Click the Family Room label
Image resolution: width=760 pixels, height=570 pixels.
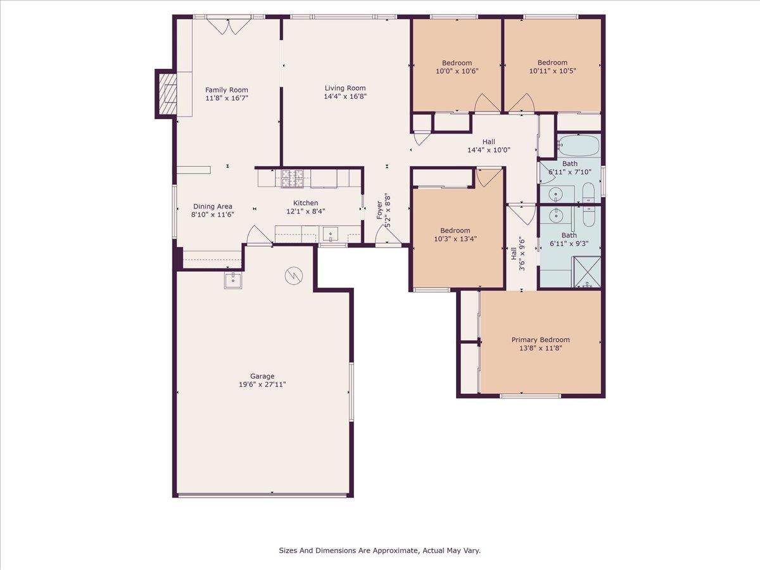(227, 90)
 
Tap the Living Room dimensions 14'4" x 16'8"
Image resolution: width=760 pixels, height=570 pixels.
(345, 96)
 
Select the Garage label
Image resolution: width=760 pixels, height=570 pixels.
(262, 376)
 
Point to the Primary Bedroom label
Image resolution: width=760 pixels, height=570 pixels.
(540, 340)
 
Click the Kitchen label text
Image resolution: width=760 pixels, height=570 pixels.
(305, 203)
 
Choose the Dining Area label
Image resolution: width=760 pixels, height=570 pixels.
(213, 206)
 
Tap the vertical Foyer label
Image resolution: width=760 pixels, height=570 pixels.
(379, 210)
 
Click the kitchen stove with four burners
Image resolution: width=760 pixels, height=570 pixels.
(292, 179)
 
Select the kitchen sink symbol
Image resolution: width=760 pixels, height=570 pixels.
(331, 234)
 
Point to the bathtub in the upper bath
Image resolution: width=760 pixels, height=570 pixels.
(579, 146)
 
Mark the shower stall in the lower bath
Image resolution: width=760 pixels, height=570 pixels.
(588, 272)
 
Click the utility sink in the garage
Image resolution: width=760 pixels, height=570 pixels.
(233, 281)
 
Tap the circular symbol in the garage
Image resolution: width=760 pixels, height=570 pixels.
(294, 276)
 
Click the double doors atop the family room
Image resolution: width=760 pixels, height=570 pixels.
(229, 27)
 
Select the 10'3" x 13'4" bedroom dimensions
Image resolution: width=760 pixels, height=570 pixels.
(455, 239)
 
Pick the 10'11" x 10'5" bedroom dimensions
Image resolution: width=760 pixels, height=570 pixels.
(552, 71)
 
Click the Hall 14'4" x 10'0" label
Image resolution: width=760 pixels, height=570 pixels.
(489, 146)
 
